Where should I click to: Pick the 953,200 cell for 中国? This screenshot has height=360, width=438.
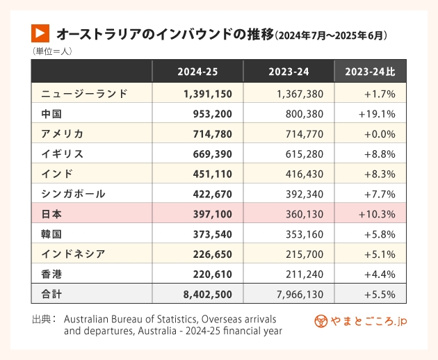point(208,113)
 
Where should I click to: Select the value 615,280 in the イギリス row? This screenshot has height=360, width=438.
point(305,154)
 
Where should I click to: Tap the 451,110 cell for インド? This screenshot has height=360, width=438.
point(208,174)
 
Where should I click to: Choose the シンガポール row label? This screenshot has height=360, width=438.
point(73,194)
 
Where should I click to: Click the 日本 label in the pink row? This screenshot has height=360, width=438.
point(51,214)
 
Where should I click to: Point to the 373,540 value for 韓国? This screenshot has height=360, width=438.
point(208,234)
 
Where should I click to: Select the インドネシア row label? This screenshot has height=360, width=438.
point(73,254)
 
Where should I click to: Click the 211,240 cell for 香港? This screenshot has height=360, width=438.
point(305,275)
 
